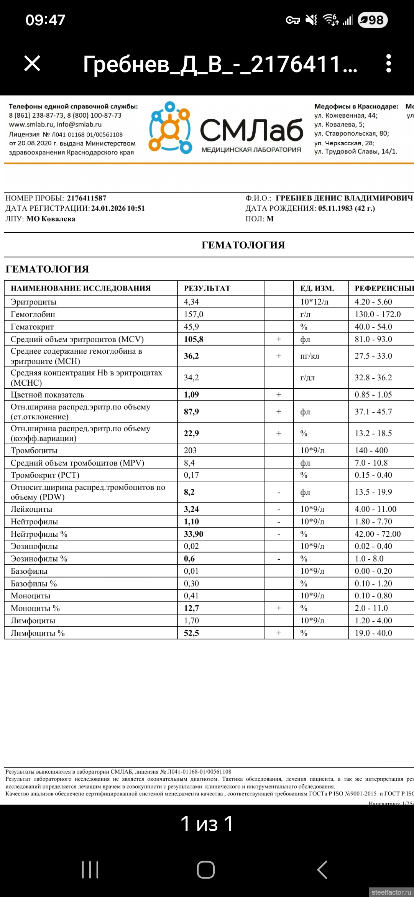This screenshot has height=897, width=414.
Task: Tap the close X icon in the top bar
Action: click(32, 63)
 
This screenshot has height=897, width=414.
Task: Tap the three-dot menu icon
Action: click(388, 63)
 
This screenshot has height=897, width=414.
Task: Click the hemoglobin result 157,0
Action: click(193, 314)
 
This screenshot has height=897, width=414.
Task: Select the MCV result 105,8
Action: click(193, 339)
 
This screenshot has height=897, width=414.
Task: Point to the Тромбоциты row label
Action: click(34, 450)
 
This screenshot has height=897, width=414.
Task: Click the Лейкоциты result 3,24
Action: click(191, 509)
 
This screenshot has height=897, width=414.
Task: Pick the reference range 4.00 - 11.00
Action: click(375, 509)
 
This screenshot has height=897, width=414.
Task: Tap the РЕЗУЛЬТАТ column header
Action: click(207, 288)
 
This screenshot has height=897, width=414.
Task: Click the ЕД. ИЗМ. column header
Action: click(317, 288)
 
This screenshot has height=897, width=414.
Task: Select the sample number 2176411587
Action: click(87, 198)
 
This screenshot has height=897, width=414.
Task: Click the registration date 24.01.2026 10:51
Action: click(118, 209)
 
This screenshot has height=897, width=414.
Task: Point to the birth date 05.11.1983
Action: click(335, 209)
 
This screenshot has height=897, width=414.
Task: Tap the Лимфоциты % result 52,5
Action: click(191, 633)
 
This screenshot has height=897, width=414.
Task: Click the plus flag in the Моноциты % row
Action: click(279, 608)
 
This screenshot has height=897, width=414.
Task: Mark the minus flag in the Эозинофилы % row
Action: click(279, 559)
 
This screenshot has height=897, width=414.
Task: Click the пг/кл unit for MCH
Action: click(309, 356)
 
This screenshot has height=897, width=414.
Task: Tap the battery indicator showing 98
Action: click(372, 20)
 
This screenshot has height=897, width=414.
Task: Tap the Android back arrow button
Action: click(322, 869)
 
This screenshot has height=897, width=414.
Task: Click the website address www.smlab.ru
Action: click(31, 125)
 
